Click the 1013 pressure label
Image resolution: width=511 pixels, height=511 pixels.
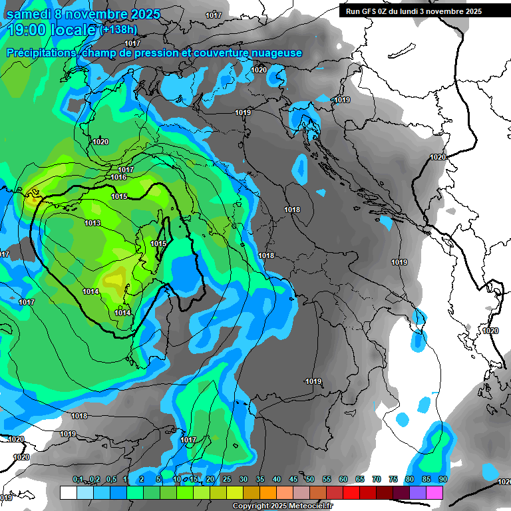[92, 223]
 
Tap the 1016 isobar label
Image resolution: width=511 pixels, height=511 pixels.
[119, 177]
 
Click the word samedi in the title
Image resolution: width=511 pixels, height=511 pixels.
[31, 13]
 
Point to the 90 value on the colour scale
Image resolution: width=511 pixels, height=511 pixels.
[443, 480]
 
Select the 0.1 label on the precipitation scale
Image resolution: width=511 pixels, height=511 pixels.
[78, 480]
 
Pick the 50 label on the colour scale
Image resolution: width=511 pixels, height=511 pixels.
[310, 480]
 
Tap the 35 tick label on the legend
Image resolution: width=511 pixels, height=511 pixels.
[260, 480]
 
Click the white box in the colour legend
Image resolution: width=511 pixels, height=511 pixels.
[68, 493]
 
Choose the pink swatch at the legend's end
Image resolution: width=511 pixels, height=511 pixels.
[434, 493]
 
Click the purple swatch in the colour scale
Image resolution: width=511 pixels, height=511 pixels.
[418, 493]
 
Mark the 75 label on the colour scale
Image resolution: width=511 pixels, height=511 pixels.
[393, 480]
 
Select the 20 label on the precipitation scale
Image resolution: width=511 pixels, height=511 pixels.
[210, 480]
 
